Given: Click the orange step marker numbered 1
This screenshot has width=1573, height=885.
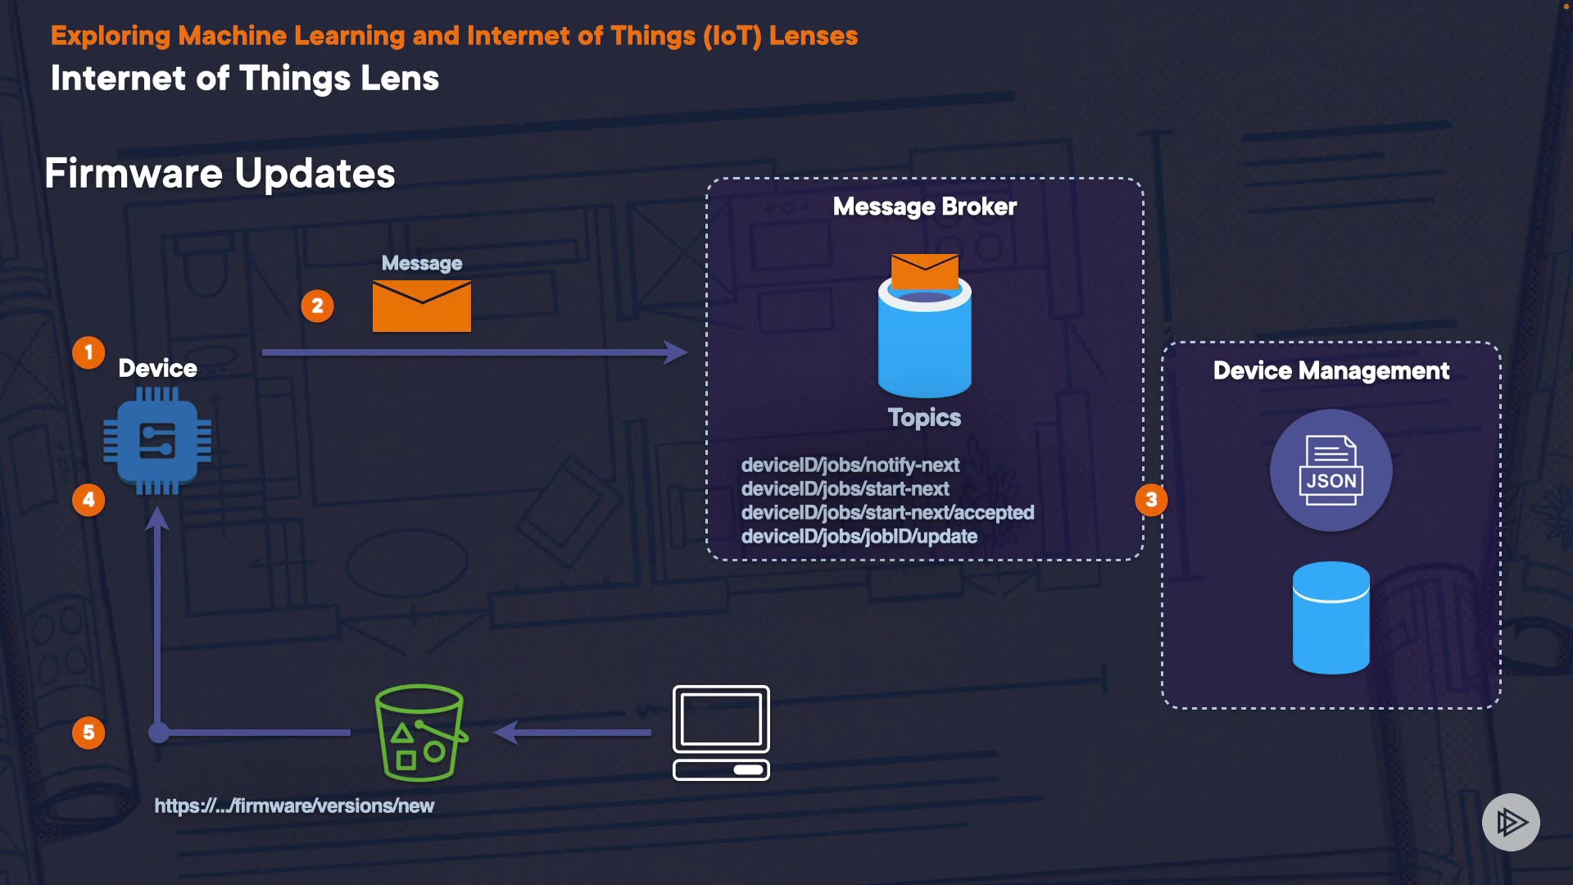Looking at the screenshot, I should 88,353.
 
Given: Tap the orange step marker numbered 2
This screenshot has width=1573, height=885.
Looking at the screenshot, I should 317,306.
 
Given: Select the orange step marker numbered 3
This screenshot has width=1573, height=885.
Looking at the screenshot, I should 1151,500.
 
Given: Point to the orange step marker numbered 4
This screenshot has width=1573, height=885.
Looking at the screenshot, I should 88,500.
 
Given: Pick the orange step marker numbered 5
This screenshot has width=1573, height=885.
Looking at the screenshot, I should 88,733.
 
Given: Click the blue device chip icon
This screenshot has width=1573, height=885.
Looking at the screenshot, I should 157,442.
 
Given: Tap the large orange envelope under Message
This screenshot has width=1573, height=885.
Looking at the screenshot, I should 421,306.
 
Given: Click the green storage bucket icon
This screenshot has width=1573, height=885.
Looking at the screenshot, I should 420,733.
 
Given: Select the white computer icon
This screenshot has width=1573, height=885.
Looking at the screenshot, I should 721,733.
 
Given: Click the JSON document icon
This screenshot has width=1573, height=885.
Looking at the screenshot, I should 1330,470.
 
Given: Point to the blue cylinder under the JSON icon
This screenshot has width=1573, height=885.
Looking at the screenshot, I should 1330,618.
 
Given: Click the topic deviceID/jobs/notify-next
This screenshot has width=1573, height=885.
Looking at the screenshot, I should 850,465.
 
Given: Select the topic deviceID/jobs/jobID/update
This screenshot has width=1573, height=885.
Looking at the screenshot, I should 859,537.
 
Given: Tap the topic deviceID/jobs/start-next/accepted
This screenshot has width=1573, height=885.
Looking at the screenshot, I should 887,513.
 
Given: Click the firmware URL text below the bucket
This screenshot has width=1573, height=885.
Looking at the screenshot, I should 294,806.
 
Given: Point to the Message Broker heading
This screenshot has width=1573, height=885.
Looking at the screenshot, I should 924,206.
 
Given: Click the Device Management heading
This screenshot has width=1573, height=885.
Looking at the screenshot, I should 1330,371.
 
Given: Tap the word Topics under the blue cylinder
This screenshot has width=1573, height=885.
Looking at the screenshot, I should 924,418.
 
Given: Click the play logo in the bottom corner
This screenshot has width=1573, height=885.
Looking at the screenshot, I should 1511,822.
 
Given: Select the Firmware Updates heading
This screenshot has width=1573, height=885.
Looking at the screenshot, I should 220,174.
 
